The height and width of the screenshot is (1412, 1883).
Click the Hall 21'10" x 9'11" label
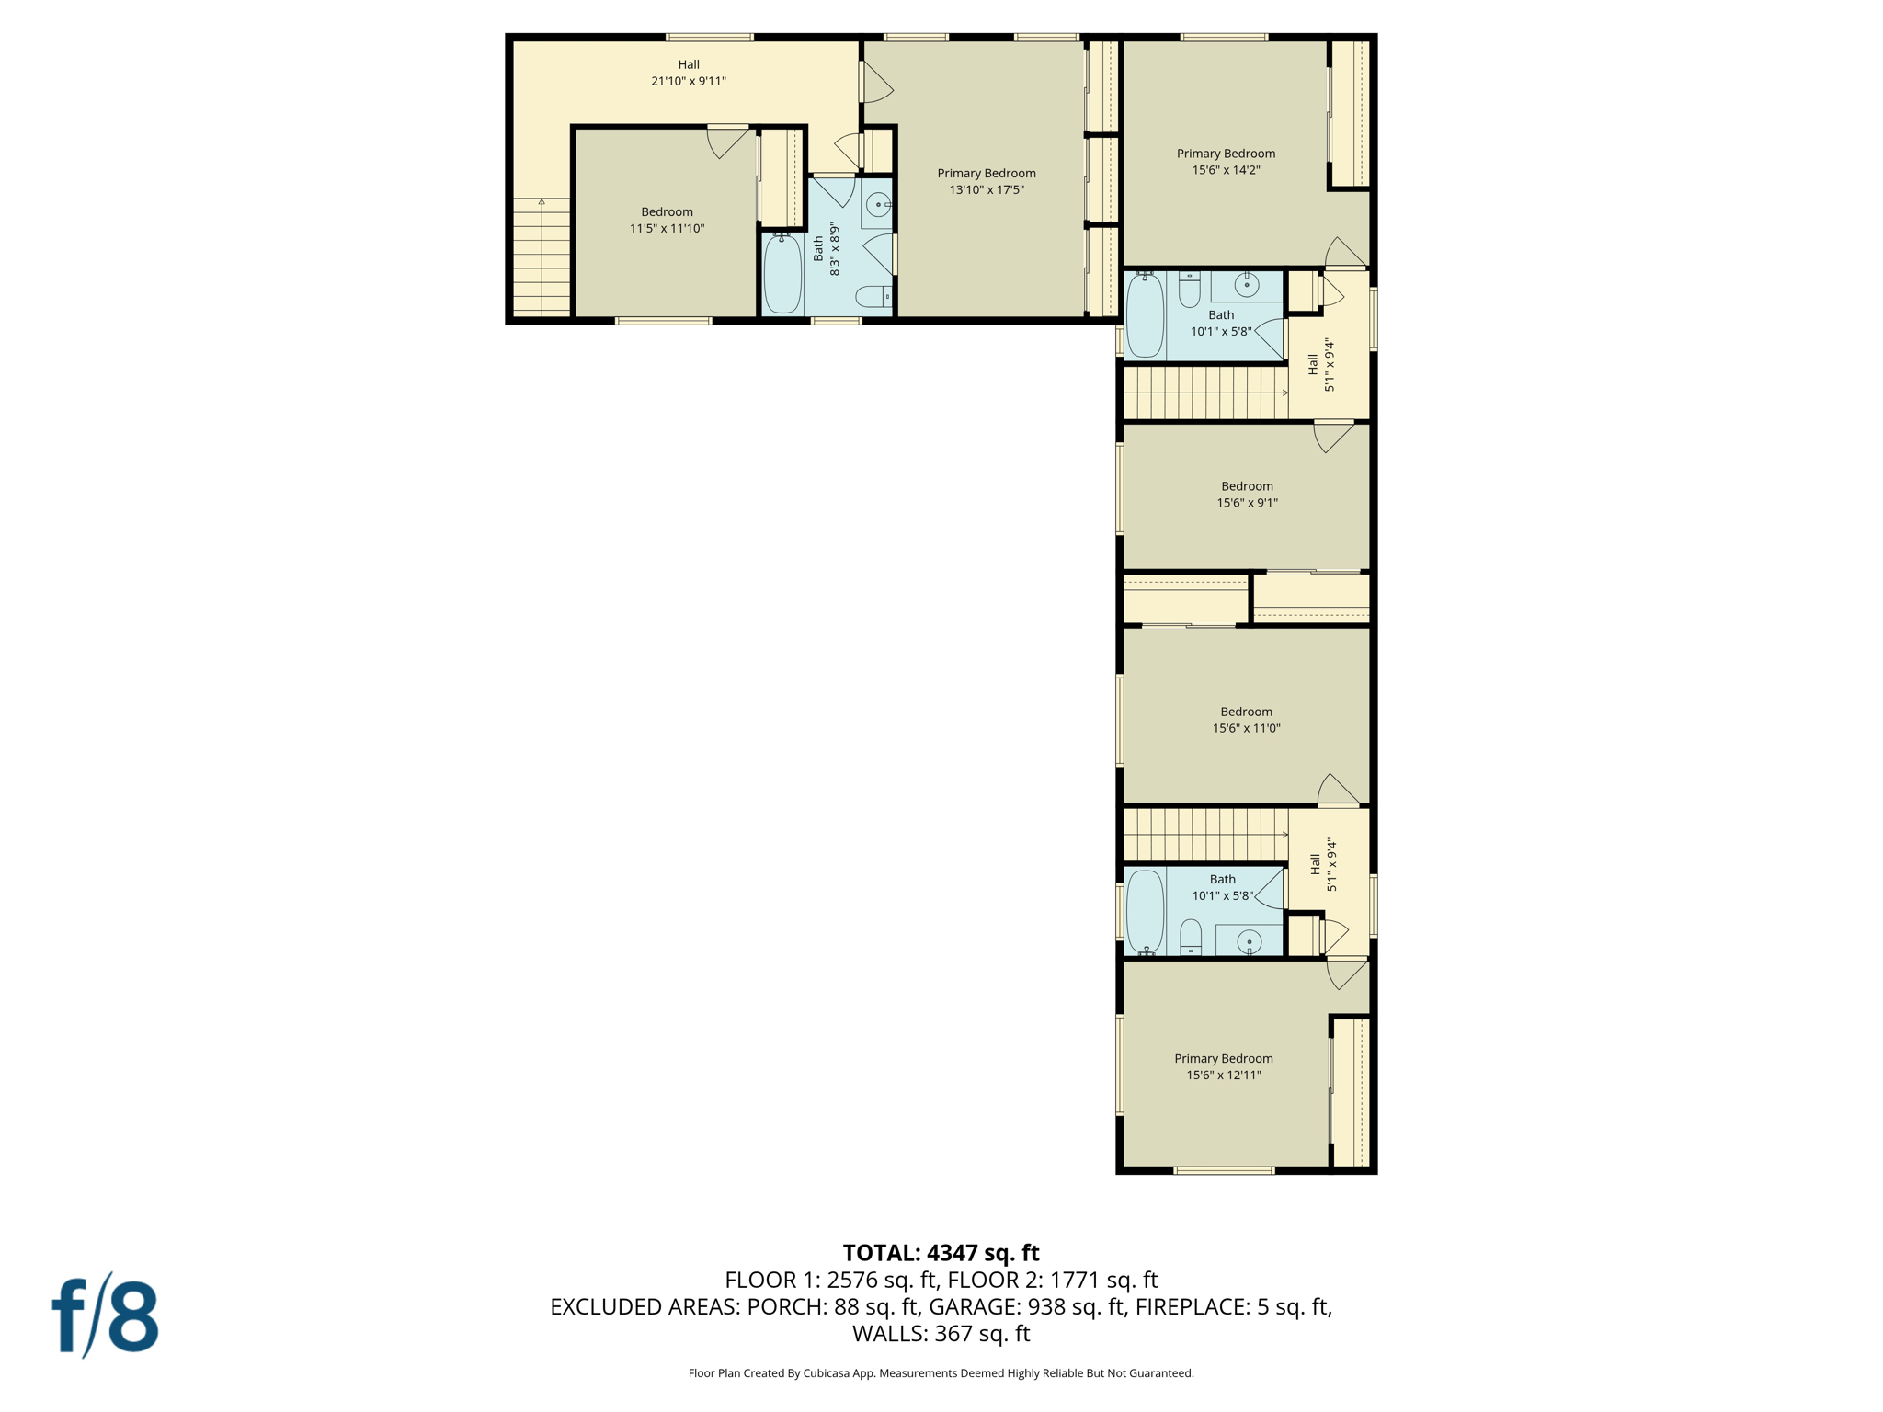[x=689, y=73]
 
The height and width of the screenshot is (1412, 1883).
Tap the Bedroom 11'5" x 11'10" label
[x=667, y=220]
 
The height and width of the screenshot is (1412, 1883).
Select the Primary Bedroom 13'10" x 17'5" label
[x=986, y=181]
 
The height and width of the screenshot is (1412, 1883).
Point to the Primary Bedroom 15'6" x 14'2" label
[x=1226, y=161]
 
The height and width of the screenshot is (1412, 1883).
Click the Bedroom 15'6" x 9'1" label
[x=1247, y=494]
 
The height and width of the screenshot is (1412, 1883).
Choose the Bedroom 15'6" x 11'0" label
[x=1246, y=719]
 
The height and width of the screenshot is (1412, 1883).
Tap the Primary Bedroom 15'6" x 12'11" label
[x=1223, y=1066]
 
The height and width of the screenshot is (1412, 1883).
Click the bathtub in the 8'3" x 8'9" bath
[x=782, y=274]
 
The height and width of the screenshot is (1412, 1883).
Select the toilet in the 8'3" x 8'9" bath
[x=872, y=296]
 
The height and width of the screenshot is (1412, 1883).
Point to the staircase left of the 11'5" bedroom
[x=542, y=257]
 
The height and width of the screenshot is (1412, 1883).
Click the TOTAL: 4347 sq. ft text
[x=941, y=1253]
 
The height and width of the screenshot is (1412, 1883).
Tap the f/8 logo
[x=106, y=1316]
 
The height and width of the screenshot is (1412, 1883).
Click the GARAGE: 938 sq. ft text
[x=1027, y=1306]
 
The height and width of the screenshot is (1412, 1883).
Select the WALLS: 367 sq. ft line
[x=941, y=1333]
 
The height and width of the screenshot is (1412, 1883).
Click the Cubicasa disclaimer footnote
[x=941, y=1373]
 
